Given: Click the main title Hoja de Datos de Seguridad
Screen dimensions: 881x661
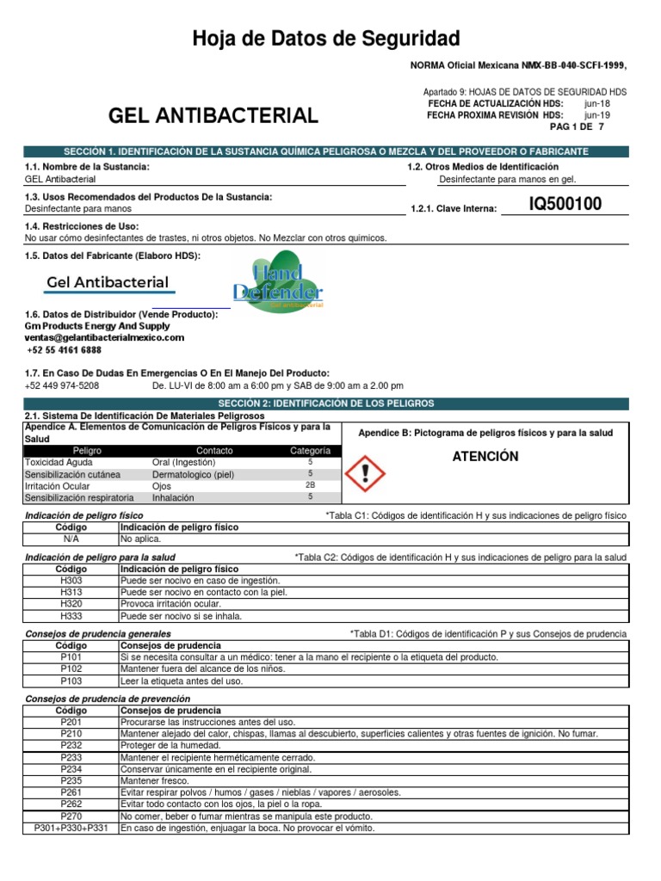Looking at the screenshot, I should click(325, 38).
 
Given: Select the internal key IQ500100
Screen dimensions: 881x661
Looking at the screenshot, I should click(565, 205).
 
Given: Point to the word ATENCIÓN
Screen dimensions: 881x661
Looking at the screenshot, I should click(485, 457).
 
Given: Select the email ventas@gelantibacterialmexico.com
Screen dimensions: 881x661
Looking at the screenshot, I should click(104, 338).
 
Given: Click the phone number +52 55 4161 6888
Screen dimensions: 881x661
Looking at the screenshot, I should click(65, 350).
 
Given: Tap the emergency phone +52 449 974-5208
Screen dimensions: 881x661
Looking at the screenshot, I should click(62, 386).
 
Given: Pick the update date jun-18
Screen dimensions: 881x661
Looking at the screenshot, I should click(596, 103).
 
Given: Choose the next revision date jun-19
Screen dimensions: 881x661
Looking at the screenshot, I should click(596, 114).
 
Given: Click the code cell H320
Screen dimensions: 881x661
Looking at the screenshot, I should click(71, 604).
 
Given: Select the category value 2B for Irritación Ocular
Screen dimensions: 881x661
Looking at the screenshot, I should click(310, 485).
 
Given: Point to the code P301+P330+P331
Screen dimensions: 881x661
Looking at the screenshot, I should click(71, 829).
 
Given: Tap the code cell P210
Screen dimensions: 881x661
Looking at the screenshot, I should click(71, 734).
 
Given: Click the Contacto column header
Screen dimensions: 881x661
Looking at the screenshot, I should click(214, 451).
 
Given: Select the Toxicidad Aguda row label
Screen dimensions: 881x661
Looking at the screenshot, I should click(58, 462).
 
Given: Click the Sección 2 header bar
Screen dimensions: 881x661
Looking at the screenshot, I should click(326, 404).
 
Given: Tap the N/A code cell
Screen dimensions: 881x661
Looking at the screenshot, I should click(71, 539).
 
